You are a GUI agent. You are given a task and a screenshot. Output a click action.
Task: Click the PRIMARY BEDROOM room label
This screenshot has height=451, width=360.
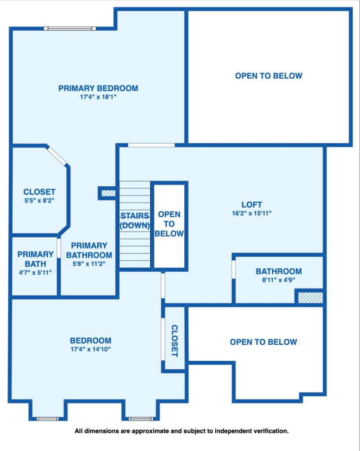(x=98, y=88)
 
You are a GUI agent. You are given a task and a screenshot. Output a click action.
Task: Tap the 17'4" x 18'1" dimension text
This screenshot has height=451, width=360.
(x=98, y=97)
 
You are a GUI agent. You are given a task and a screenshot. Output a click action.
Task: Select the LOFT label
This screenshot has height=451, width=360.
(x=252, y=204)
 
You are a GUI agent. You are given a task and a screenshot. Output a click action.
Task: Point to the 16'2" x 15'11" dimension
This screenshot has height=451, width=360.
(x=252, y=214)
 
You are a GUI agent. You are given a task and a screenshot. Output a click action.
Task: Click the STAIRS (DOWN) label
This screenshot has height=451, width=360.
(x=135, y=220)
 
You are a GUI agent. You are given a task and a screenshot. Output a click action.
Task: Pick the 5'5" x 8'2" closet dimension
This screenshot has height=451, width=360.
(x=39, y=200)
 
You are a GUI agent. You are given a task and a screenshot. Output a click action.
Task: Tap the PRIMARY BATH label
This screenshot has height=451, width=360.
(x=35, y=259)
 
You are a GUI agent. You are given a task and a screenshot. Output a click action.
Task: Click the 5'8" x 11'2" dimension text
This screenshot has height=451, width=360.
(x=89, y=264)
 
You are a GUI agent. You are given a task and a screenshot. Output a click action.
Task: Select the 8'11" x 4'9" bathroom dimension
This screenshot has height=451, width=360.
(x=278, y=280)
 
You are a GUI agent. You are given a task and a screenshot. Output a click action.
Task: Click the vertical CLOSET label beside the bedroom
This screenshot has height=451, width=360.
(x=174, y=341)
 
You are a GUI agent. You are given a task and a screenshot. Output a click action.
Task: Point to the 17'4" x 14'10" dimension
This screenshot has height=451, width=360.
(x=91, y=349)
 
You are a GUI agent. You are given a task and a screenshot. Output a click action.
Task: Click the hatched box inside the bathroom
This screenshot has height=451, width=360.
(x=310, y=298)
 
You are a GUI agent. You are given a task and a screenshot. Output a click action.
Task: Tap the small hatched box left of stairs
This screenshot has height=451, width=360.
(x=108, y=193)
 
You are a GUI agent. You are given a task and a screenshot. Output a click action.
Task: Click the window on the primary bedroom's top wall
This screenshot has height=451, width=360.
(x=70, y=29)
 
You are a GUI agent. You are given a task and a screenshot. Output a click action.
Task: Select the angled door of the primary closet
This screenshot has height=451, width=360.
(x=57, y=156)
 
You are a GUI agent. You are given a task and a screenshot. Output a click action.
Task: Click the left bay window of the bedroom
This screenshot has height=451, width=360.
(x=48, y=419)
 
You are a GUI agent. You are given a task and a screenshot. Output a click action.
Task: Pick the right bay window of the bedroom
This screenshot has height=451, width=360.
(x=141, y=419)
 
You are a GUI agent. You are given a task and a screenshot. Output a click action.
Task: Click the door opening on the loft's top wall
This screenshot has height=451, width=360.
(x=152, y=145)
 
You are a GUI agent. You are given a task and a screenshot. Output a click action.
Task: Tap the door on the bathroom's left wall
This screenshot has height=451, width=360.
(x=234, y=269)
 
